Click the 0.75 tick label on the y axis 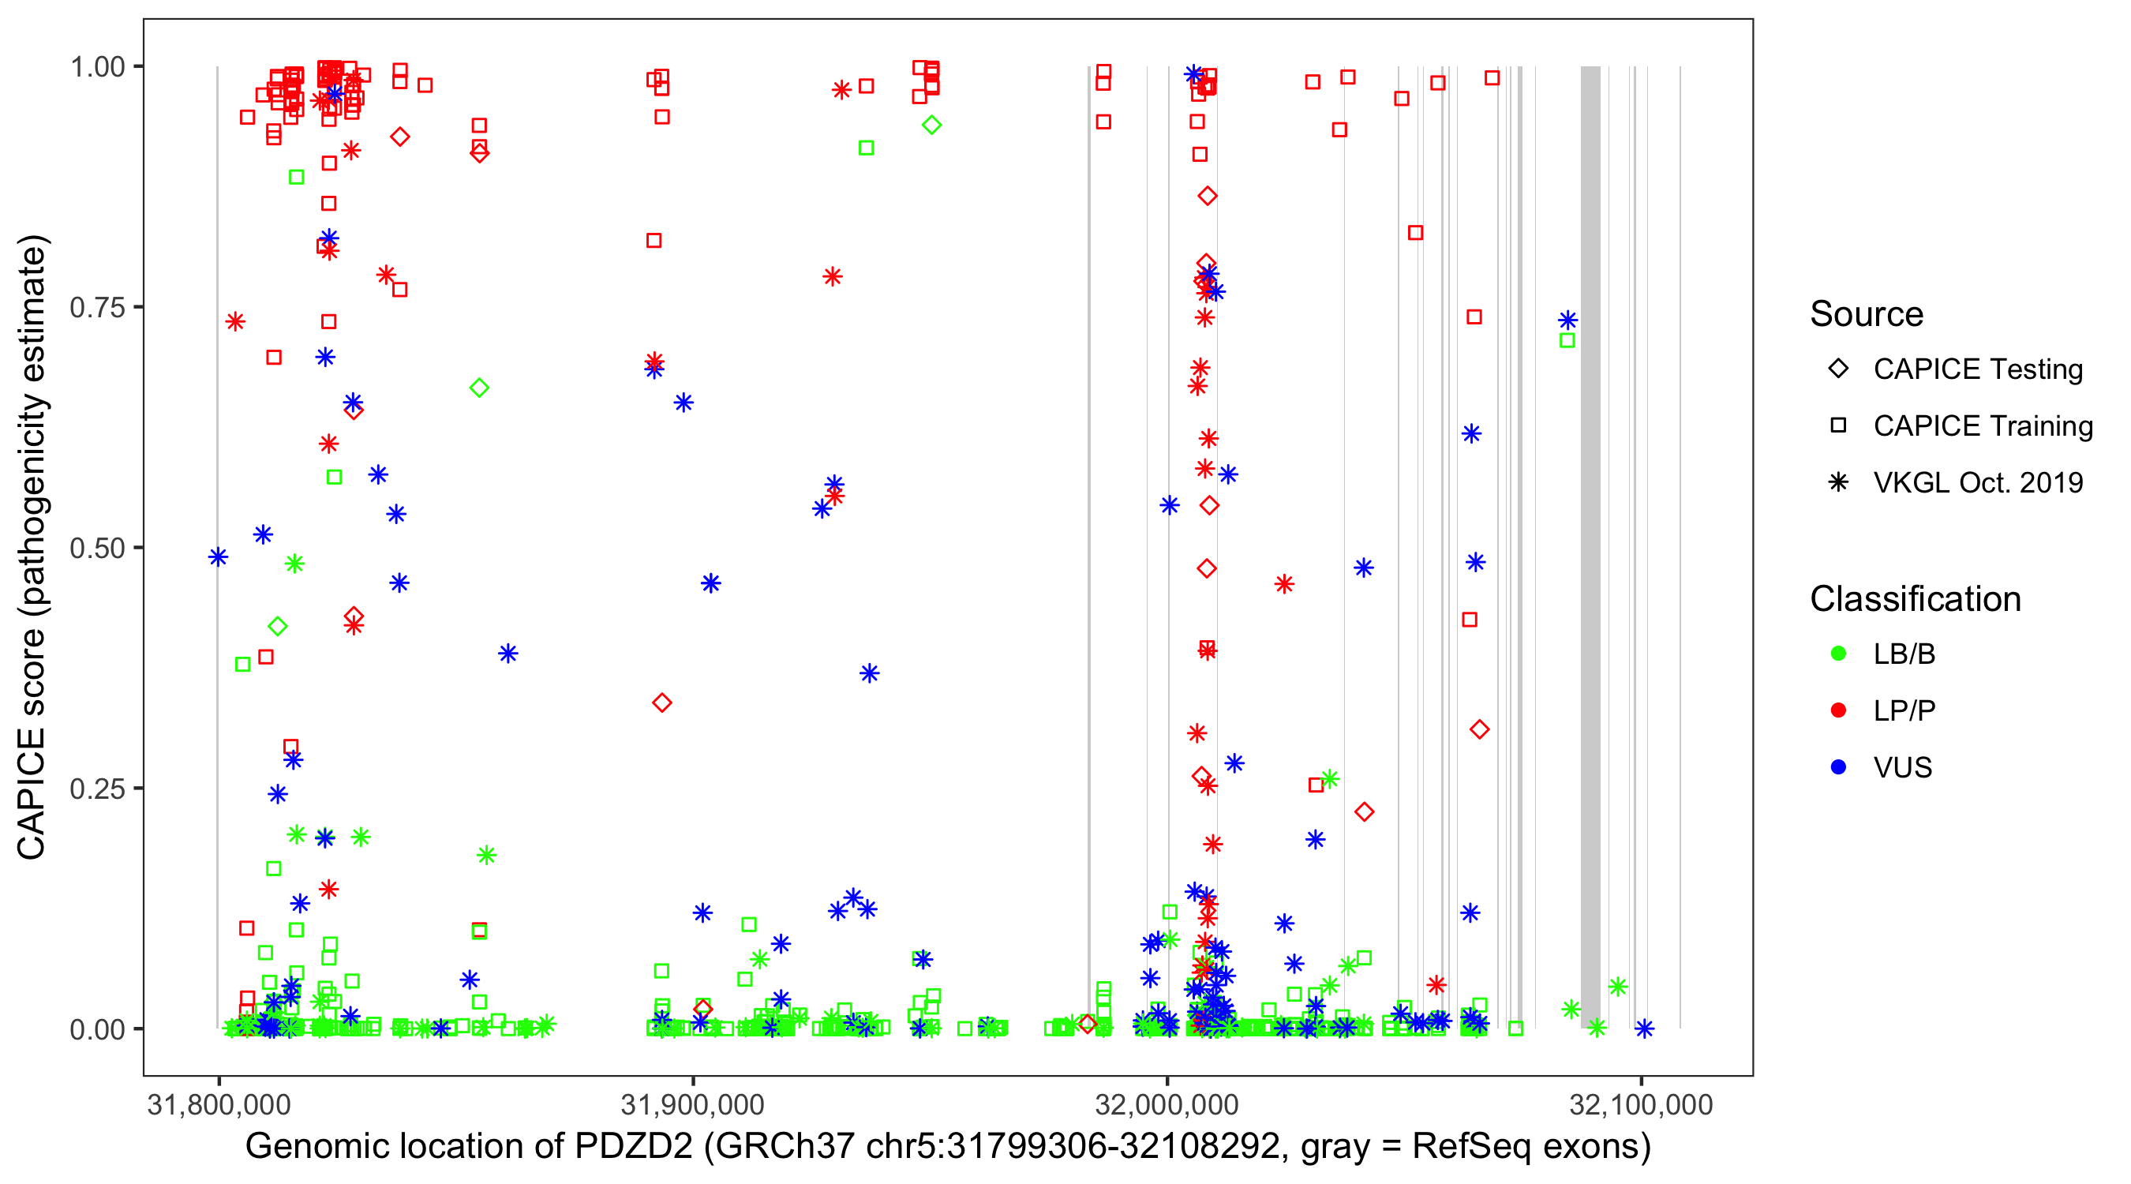point(96,307)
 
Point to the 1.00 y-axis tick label point(96,66)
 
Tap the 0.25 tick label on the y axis point(96,789)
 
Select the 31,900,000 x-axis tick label point(692,1104)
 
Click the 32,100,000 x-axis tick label point(1642,1104)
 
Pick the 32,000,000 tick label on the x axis point(1167,1104)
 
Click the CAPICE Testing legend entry point(1977,369)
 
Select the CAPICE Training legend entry point(1982,426)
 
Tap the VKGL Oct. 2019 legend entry point(1977,482)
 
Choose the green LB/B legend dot point(1838,654)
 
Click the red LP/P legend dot point(1838,710)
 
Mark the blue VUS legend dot point(1838,768)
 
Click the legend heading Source point(1867,314)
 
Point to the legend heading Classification point(1915,599)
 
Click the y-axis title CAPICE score point(33,548)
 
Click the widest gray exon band point(1590,546)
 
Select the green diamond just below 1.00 point(931,125)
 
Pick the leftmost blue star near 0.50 point(219,556)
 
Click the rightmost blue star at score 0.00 point(1645,1029)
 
